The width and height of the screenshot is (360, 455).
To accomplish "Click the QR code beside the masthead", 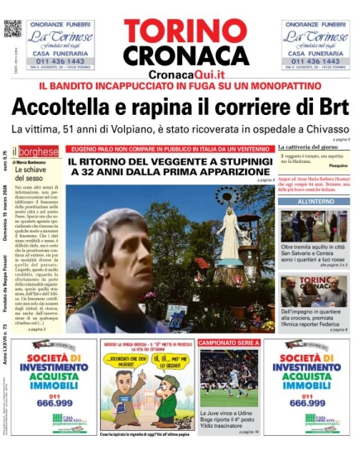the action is (12, 28).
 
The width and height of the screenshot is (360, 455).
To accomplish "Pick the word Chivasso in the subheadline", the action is (323, 130).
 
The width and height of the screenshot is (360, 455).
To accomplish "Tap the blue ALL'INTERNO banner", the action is (315, 201).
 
